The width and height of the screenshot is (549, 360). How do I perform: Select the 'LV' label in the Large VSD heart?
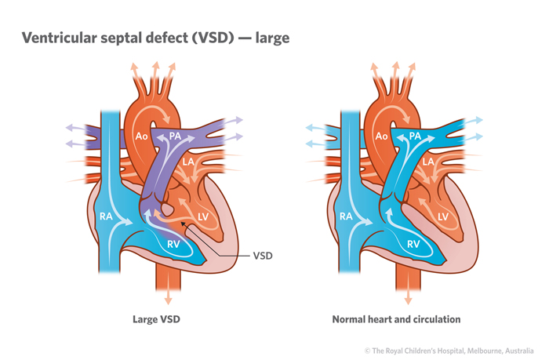tap(203, 216)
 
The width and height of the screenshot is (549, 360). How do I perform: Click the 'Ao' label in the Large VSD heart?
tap(143, 136)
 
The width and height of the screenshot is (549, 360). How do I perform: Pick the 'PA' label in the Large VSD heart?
tap(176, 136)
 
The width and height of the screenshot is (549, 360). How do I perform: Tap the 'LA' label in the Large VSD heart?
tap(190, 162)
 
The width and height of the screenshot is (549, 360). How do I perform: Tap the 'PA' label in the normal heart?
tap(416, 136)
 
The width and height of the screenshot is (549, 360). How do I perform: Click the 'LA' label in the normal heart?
tap(429, 162)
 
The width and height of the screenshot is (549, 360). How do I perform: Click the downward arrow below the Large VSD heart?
tap(168, 300)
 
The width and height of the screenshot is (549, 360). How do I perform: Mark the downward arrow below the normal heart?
tap(407, 300)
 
